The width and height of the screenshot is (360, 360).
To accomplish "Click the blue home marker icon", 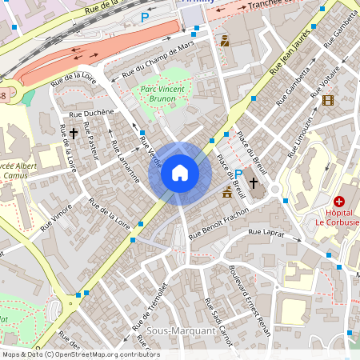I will (180, 173).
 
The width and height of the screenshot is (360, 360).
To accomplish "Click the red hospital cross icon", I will (339, 202).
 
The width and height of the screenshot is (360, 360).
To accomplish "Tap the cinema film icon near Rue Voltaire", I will (327, 100).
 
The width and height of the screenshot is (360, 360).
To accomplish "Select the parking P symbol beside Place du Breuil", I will (238, 174).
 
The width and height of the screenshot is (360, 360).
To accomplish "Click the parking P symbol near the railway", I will (145, 17).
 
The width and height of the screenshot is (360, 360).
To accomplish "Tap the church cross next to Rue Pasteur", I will (74, 133).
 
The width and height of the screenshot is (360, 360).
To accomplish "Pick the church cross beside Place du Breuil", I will (254, 182).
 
